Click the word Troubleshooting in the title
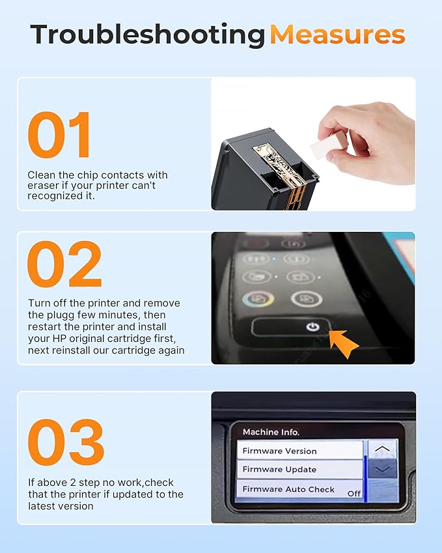click(x=147, y=34)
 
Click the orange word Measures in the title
click(x=337, y=34)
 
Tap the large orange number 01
click(x=60, y=136)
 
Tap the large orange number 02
click(x=64, y=264)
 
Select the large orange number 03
click(x=66, y=443)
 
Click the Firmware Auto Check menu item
click(x=288, y=489)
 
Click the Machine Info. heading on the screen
click(x=271, y=431)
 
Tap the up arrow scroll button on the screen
click(x=382, y=449)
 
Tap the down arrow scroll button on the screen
click(x=382, y=469)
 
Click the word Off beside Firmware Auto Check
click(x=354, y=493)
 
